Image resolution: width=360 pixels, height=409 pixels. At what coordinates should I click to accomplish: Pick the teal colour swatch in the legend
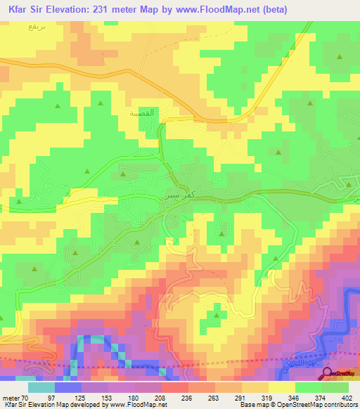tap(41, 387)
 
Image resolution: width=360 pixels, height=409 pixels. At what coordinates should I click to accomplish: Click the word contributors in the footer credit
tap(337, 403)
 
